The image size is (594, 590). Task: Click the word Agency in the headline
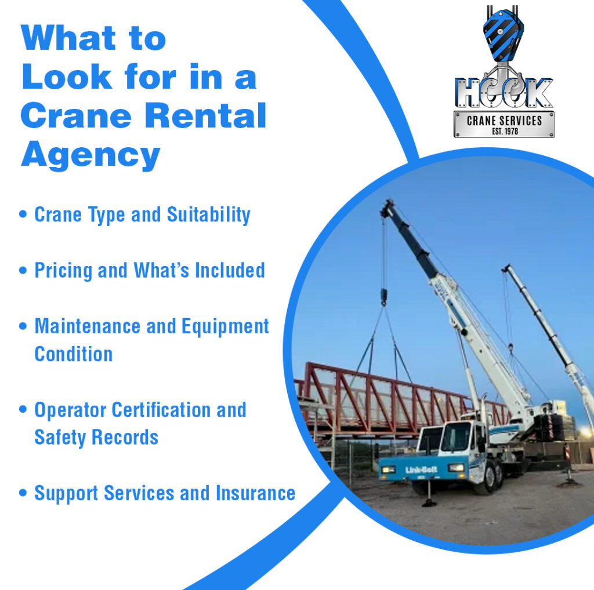point(90,156)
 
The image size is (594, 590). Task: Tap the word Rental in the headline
point(205,115)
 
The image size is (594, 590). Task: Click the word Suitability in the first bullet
point(209,215)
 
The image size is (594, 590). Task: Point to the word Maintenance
point(88,326)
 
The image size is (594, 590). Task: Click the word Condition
point(74,354)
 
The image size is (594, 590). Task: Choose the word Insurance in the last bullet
point(255,493)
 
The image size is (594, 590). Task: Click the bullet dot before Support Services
point(23,493)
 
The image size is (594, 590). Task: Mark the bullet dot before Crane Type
point(23,214)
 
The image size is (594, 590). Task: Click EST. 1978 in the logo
point(505,132)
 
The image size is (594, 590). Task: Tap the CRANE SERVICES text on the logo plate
point(504,121)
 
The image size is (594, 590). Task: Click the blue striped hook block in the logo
point(503,37)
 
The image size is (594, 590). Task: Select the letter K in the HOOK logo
point(539,93)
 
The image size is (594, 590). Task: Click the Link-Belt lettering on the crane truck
point(421,470)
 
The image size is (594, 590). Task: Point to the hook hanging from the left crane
point(384,297)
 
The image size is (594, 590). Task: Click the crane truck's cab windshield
point(457,437)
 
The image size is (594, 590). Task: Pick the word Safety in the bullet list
point(60,438)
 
